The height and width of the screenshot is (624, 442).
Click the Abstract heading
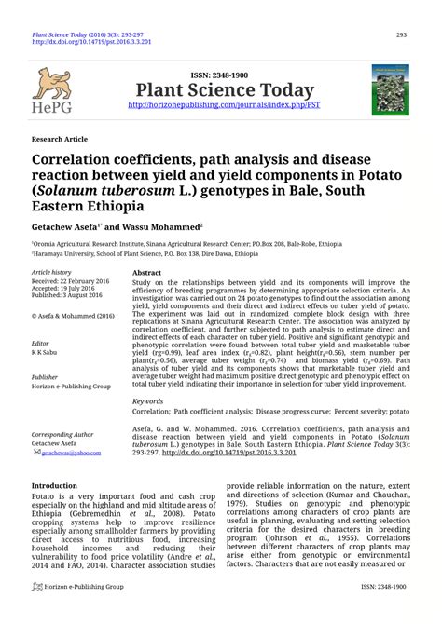pyautogui.click(x=147, y=273)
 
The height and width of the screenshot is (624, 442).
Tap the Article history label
pyautogui.click(x=50, y=273)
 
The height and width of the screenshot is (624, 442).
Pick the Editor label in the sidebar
pyautogui.click(x=41, y=343)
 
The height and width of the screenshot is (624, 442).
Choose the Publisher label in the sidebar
pyautogui.click(x=46, y=377)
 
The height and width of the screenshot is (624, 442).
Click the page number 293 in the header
pyautogui.click(x=402, y=35)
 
